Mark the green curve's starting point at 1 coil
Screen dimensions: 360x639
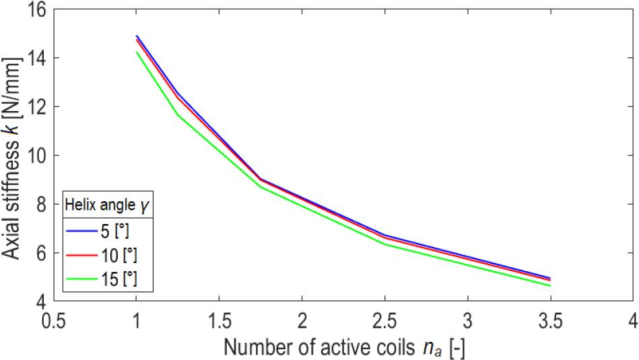coord(136,52)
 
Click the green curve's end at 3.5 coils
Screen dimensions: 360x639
coord(550,285)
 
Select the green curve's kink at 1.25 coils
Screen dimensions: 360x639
coord(178,114)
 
